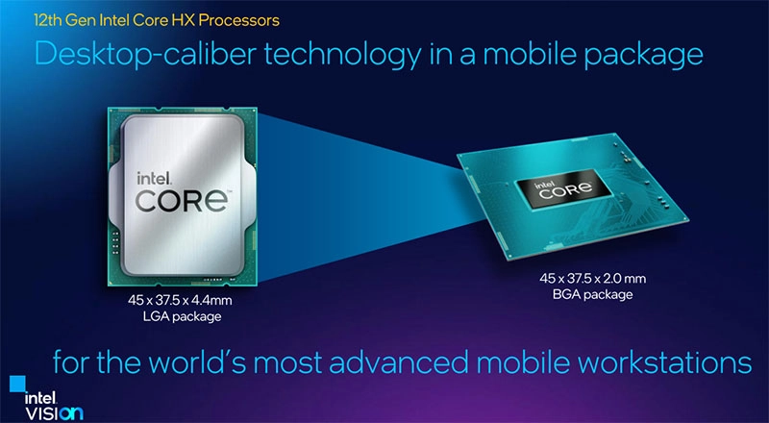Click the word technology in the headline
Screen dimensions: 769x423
tap(343, 55)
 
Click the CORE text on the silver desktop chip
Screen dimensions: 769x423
tap(183, 201)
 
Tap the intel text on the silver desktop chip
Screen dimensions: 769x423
tap(154, 178)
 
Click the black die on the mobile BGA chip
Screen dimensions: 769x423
tap(563, 188)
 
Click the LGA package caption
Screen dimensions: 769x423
tap(182, 316)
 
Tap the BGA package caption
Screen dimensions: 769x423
tap(592, 294)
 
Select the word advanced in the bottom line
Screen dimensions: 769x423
tap(399, 361)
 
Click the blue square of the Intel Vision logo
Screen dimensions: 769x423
tap(17, 384)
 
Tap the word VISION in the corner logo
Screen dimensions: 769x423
tap(54, 413)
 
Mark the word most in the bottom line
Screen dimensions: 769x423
tap(286, 363)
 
